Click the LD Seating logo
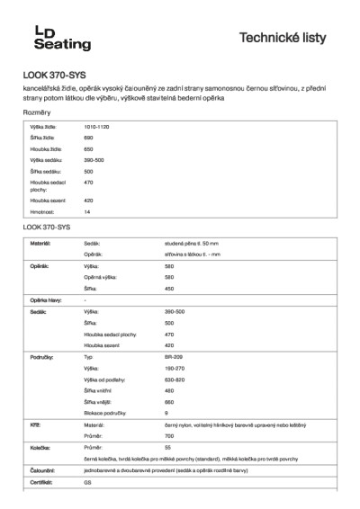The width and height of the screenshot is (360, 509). (x=56, y=37)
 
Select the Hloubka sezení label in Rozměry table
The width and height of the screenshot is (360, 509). (x=47, y=201)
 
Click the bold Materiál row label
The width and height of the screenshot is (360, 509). (x=40, y=244)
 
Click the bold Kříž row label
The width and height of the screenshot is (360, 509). (x=35, y=424)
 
